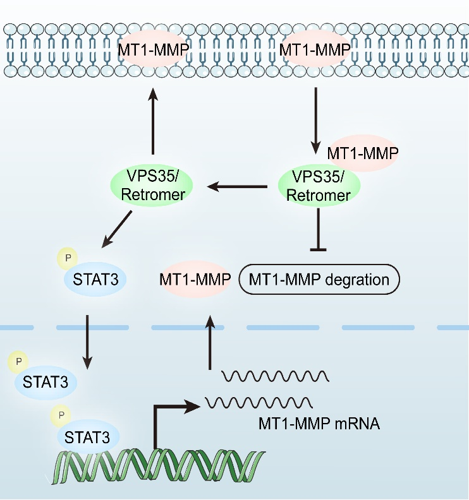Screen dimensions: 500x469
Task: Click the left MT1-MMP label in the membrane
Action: [152, 50]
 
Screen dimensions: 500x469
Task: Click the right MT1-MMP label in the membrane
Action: [315, 50]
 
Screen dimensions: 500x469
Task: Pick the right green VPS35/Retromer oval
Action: [319, 186]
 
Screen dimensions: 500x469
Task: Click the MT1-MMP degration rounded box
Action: [320, 278]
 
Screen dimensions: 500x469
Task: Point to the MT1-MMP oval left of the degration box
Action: [195, 278]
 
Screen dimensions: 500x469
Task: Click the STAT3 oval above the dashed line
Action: [94, 278]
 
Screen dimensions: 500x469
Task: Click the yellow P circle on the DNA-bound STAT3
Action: [61, 415]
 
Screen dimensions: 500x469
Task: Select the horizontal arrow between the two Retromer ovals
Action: [238, 186]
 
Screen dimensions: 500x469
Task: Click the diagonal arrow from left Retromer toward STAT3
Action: [118, 229]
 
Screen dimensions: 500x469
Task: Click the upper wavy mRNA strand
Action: [275, 376]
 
